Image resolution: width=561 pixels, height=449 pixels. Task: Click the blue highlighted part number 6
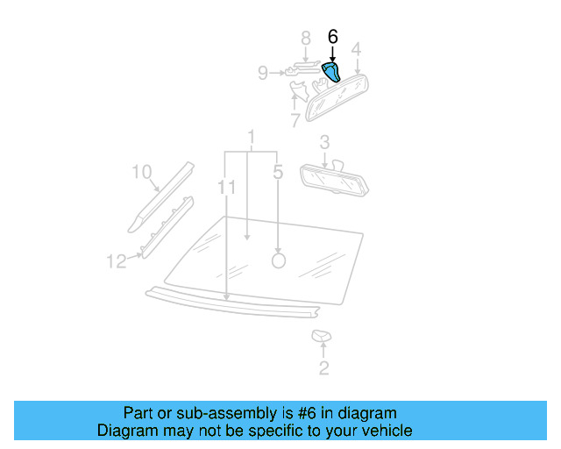point(333,72)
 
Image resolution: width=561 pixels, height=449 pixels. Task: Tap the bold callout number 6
point(332,37)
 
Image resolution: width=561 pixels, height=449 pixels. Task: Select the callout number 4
point(356,48)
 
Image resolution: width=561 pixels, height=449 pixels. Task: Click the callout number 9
point(262,74)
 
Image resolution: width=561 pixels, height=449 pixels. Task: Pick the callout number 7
point(295,119)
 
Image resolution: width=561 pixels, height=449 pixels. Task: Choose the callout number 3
point(324,141)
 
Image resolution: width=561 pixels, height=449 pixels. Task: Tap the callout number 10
point(142,172)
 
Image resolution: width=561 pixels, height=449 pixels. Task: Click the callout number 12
point(117,260)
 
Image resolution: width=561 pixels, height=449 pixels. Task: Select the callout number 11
point(226,187)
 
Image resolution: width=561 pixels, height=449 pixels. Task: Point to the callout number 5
point(278,173)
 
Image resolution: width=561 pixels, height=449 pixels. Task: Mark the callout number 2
point(323,368)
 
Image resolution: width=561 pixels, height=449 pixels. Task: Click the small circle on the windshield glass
point(279,260)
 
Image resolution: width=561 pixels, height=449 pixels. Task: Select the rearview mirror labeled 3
point(337,180)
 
